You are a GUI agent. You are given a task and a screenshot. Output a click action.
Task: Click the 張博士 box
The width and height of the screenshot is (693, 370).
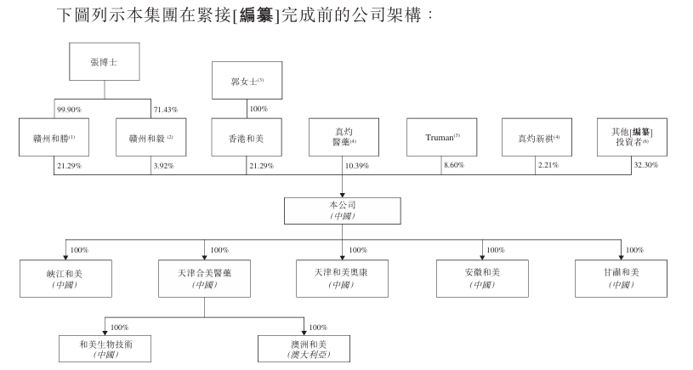(105, 62)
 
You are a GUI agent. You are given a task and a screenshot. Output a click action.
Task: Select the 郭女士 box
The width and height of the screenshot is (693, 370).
(247, 81)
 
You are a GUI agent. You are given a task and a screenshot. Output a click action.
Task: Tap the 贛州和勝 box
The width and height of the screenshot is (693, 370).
(54, 137)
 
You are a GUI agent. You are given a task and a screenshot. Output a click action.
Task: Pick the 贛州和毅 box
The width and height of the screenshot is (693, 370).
(151, 137)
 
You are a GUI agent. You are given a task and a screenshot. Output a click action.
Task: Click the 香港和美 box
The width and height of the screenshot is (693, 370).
(247, 137)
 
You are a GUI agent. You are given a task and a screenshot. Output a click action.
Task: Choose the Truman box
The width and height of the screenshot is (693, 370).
(441, 137)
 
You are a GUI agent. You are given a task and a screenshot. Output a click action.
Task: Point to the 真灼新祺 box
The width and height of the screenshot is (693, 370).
(537, 137)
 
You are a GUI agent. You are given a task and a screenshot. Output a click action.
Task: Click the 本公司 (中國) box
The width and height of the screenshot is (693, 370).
(343, 211)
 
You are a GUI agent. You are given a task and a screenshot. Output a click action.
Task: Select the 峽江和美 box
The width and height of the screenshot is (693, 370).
(65, 278)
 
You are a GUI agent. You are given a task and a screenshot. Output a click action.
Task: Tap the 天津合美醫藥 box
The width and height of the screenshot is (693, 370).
(205, 278)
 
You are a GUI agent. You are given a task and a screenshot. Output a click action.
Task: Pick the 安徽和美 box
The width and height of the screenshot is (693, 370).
(482, 278)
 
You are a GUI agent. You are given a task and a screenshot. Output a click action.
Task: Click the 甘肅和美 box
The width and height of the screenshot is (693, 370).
(621, 278)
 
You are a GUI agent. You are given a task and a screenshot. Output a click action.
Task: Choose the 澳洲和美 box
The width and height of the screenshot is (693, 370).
(304, 349)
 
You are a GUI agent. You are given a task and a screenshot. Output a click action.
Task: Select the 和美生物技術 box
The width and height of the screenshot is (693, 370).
(105, 349)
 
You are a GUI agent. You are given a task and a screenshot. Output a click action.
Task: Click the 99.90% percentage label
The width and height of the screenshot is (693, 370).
(70, 110)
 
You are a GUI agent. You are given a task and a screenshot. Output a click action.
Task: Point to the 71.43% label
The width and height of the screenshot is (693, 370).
(166, 110)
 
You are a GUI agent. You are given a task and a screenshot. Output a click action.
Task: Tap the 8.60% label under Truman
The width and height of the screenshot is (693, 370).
(454, 165)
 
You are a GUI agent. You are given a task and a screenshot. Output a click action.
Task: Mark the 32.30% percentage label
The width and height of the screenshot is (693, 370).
(645, 165)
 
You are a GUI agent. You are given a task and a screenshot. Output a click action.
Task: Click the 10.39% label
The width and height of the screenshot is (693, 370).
(357, 166)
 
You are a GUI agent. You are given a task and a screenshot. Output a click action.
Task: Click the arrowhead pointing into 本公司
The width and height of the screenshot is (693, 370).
(342, 195)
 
